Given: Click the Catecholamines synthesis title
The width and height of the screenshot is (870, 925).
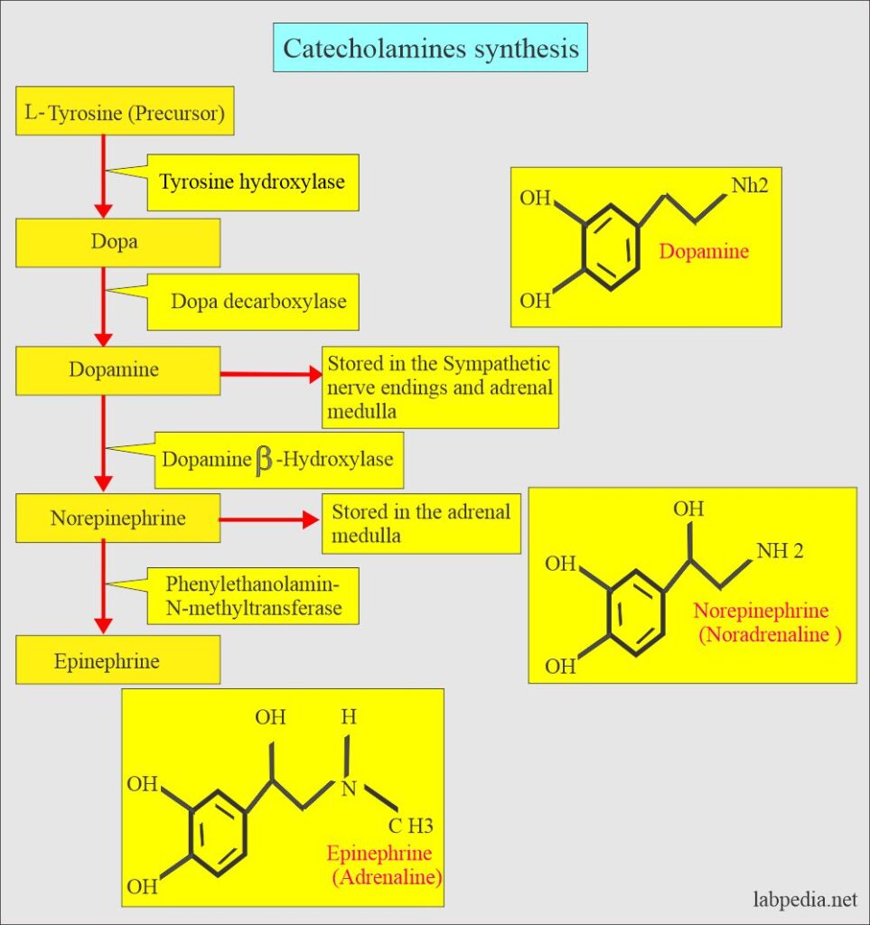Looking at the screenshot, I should (x=430, y=48).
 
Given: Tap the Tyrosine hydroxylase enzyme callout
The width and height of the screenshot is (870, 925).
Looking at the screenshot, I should (x=252, y=182).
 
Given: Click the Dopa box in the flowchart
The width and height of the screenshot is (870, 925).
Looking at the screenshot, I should (x=117, y=243).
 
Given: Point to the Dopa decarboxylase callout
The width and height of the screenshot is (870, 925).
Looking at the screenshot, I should (x=257, y=302).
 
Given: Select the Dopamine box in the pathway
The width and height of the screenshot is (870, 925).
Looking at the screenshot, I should (x=117, y=370).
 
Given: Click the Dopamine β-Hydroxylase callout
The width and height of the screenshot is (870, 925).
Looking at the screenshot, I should (x=277, y=459).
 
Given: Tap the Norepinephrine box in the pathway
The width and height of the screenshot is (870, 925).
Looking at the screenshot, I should (x=117, y=519).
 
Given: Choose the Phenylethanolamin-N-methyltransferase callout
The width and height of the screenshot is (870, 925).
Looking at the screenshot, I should (x=253, y=595).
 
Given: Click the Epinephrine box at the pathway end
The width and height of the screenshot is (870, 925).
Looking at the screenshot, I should (x=117, y=661).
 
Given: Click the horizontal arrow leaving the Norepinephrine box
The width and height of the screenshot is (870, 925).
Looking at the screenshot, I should (x=269, y=520).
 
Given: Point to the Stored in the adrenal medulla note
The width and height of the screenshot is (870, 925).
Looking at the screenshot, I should (x=421, y=523).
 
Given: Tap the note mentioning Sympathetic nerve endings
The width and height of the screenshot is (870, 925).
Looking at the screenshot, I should (x=440, y=387).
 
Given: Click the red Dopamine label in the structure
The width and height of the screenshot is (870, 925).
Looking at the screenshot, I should (x=704, y=252).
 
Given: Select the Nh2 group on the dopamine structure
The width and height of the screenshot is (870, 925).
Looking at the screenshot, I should (x=749, y=187).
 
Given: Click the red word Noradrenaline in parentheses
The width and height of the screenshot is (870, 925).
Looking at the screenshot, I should (x=770, y=635).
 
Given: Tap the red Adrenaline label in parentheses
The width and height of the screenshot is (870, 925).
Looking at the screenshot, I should (x=379, y=875).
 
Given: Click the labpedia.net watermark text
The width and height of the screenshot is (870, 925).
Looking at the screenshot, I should (x=805, y=900).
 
